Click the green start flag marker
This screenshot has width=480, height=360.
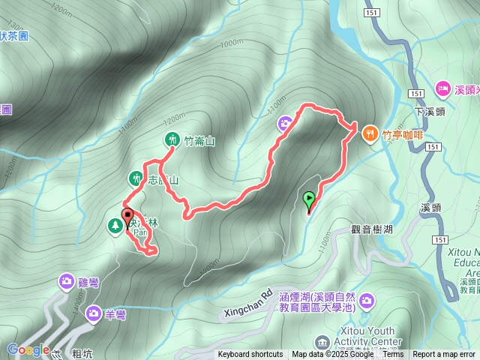tap(309, 200)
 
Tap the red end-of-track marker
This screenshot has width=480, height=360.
tap(126, 215)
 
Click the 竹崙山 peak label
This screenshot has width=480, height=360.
tap(199, 140)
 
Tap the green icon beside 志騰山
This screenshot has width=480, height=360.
tap(135, 178)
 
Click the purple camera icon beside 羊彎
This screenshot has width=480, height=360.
tap(94, 313)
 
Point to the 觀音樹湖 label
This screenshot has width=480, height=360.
tap(371, 229)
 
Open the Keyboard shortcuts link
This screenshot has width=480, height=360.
tap(250, 355)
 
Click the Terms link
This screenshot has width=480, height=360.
tap(393, 355)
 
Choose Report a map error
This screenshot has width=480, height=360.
tap(444, 355)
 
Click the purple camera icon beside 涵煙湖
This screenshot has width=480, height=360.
tap(367, 301)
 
